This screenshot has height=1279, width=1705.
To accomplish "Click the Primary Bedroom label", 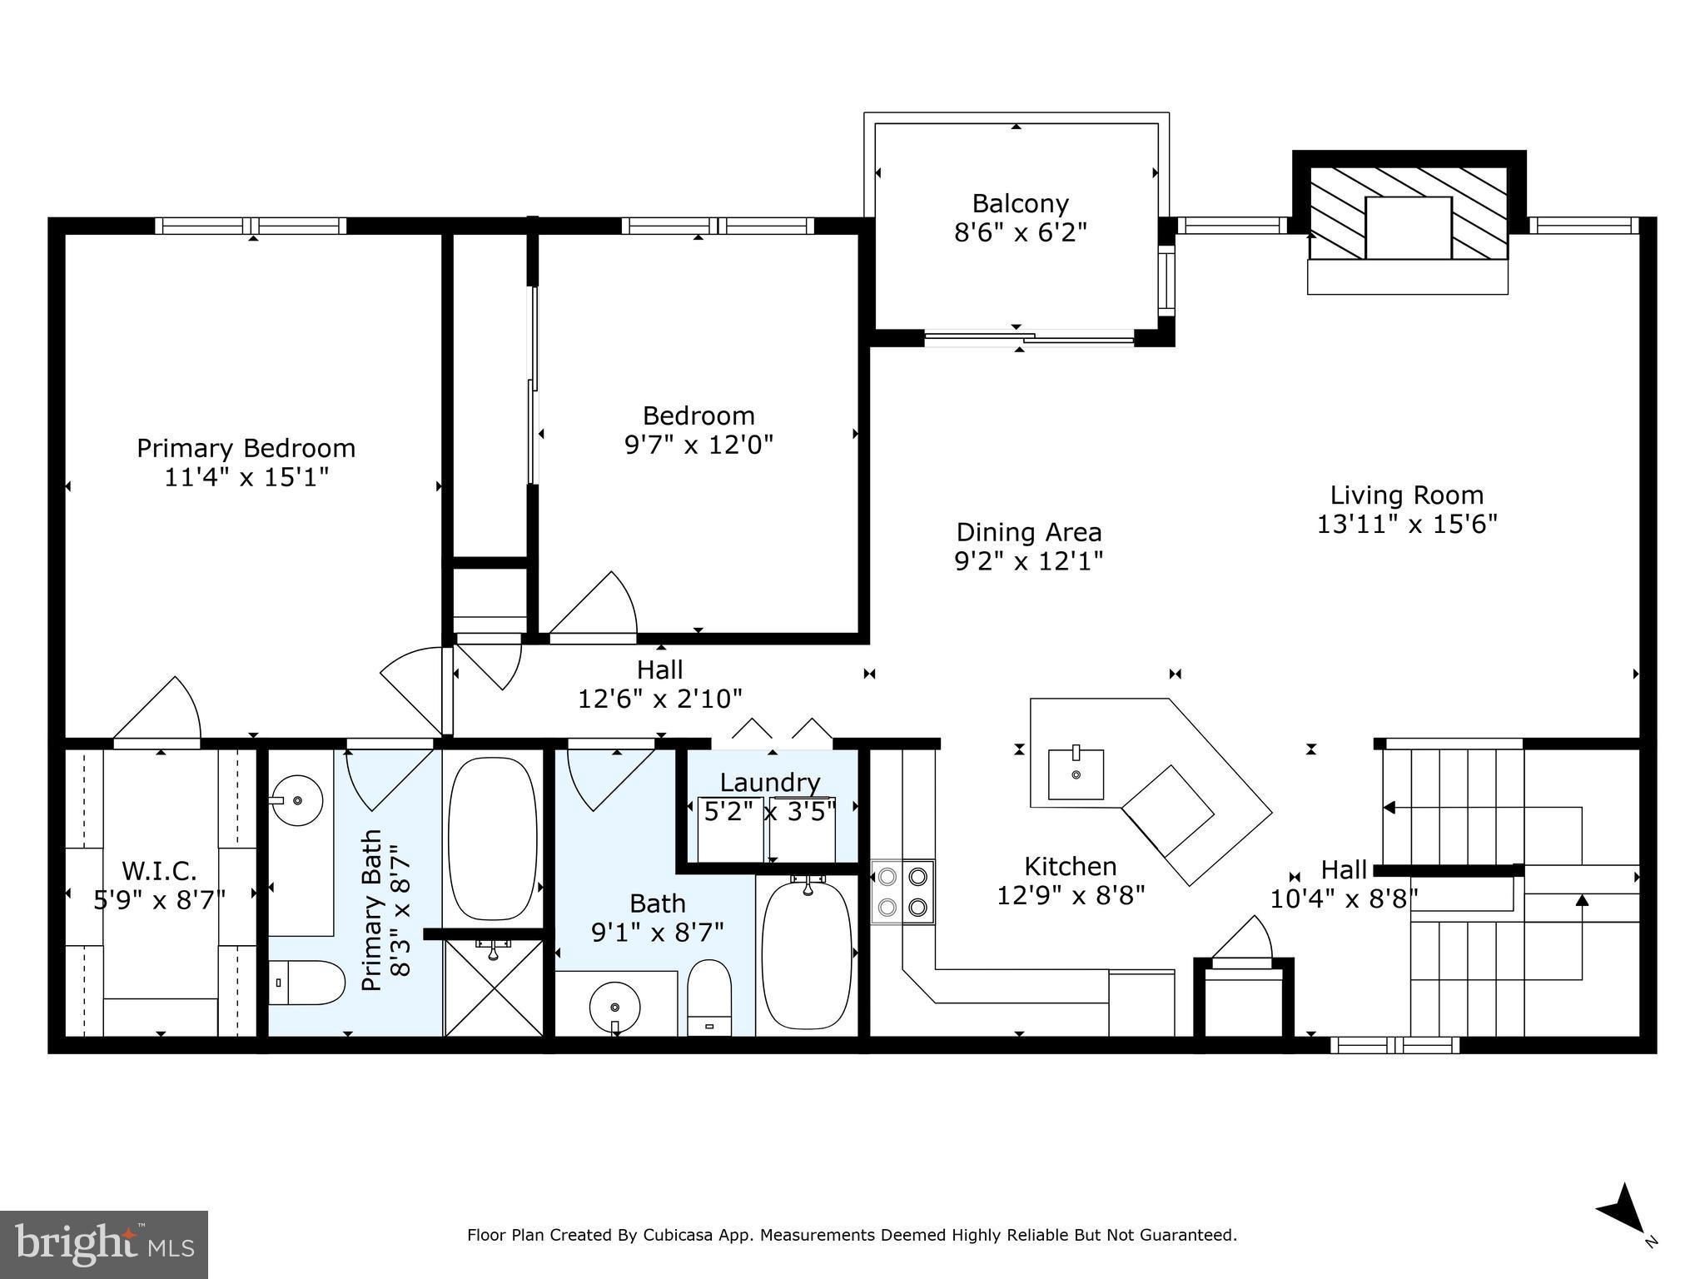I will point(246,448).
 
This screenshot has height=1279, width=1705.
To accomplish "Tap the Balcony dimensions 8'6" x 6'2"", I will point(1020,232).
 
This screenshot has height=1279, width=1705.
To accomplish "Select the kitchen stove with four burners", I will point(902,891).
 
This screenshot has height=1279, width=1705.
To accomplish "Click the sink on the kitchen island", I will point(1076,774).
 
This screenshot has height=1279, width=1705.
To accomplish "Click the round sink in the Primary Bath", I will point(296,800).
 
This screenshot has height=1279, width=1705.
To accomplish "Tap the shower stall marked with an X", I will point(495,988).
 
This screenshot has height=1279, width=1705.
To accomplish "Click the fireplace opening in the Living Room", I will point(1408,227).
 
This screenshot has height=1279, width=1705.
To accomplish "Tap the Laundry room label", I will point(770,783).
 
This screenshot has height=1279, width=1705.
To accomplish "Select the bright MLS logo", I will point(103,1244).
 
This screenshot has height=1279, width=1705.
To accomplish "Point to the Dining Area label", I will point(1028,532).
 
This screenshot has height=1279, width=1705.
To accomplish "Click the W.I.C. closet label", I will point(159,871).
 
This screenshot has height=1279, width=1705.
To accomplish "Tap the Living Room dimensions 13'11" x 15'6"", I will point(1407,525).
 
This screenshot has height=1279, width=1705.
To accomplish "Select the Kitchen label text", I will point(1070,867).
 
